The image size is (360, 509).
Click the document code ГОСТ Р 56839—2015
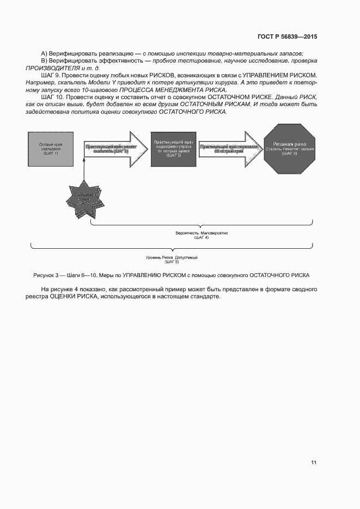pos(286,37)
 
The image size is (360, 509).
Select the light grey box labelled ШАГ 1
pos(50,149)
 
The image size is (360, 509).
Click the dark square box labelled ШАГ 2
pos(174,149)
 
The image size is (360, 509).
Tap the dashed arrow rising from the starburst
pos(85,171)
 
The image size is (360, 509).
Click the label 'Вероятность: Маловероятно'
pos(202,233)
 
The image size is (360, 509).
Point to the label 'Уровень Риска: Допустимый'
pos(172,257)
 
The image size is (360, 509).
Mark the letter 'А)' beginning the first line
pos(44,52)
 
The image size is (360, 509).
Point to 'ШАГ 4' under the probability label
pos(202,238)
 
